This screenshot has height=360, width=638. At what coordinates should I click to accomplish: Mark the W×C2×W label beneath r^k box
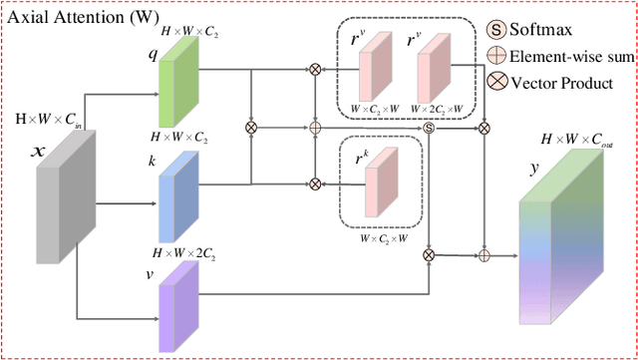[383, 239]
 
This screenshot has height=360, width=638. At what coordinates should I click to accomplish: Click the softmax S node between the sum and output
[430, 128]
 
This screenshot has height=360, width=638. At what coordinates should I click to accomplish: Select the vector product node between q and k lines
[251, 128]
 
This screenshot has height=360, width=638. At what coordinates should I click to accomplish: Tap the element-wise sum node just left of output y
[485, 255]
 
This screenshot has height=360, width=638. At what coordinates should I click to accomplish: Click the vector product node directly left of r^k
[315, 183]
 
